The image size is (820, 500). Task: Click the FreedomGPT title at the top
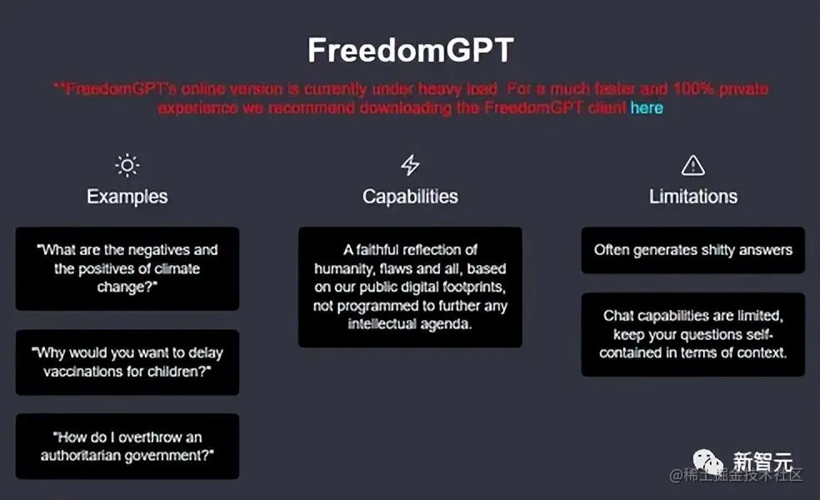(411, 50)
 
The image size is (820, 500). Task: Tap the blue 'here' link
(647, 107)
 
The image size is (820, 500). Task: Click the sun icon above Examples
(127, 165)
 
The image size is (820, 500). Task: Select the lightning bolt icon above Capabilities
(410, 165)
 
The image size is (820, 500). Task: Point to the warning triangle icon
(693, 165)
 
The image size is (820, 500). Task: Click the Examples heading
(127, 197)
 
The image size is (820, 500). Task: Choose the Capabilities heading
(410, 197)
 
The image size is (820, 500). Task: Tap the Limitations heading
(693, 197)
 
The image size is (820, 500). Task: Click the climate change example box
(127, 269)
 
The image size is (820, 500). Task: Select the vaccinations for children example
(127, 362)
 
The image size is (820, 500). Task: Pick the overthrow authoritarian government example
(127, 446)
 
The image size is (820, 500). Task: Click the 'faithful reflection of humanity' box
(410, 287)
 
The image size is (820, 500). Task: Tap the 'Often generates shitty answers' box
(693, 250)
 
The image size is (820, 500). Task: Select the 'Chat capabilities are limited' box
(693, 334)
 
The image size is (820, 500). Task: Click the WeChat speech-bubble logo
(708, 462)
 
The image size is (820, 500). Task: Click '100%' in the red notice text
(693, 89)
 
